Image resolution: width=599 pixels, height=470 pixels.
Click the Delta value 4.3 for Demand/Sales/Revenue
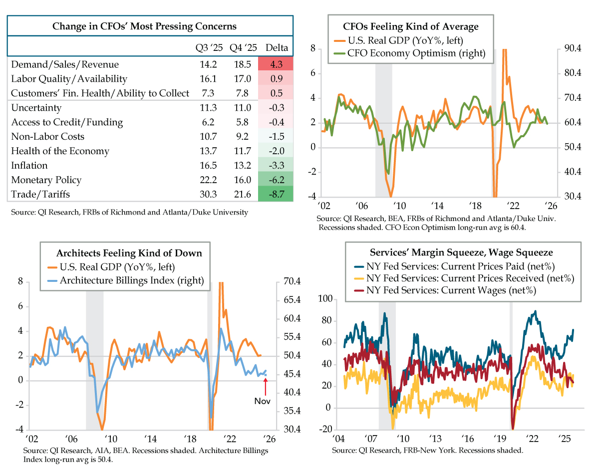276,64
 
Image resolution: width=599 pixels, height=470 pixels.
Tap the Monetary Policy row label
46,180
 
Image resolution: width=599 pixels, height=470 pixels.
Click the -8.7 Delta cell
276,195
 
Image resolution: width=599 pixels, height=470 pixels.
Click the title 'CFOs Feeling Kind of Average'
410,26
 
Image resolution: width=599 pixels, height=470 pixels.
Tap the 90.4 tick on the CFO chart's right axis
573,48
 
